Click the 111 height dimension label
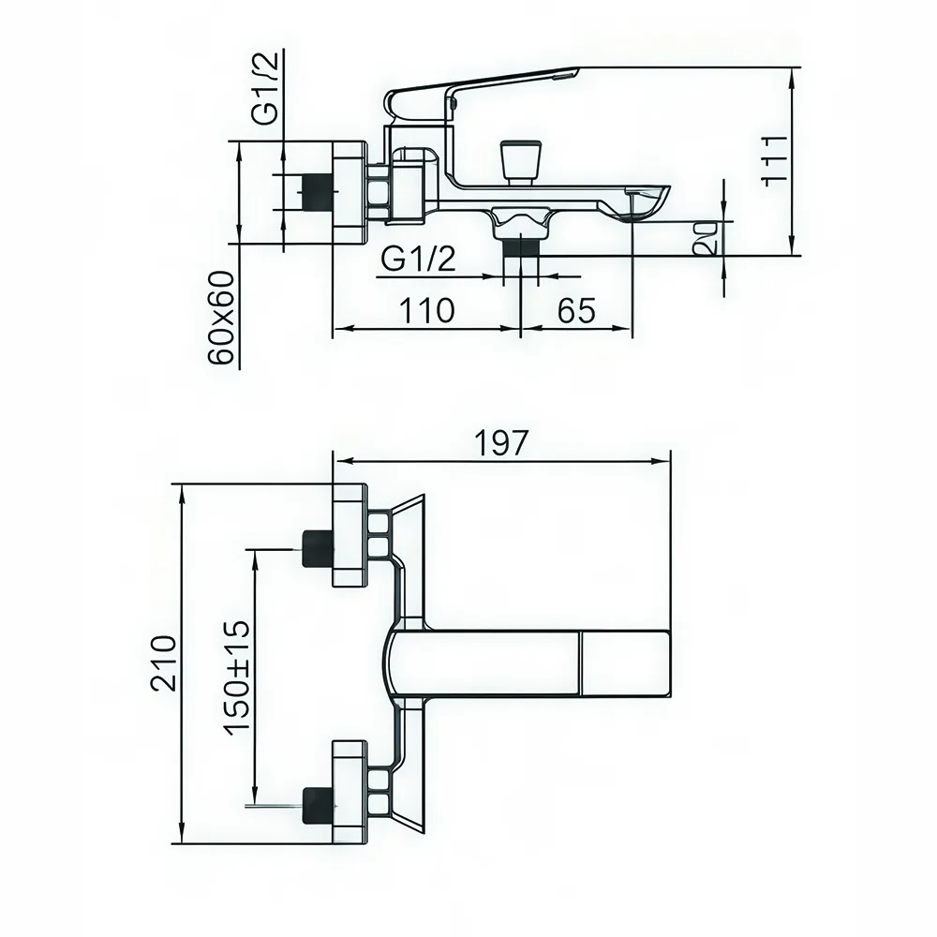pyautogui.click(x=773, y=160)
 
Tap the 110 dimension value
pyautogui.click(x=428, y=310)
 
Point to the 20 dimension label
pyautogui.click(x=709, y=238)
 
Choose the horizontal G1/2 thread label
pyautogui.click(x=419, y=260)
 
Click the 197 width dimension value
pyautogui.click(x=502, y=443)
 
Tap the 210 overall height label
pyautogui.click(x=163, y=662)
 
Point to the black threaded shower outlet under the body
pyautogui.click(x=522, y=245)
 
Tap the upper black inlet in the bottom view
pyautogui.click(x=317, y=547)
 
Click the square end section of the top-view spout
pyautogui.click(x=625, y=664)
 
